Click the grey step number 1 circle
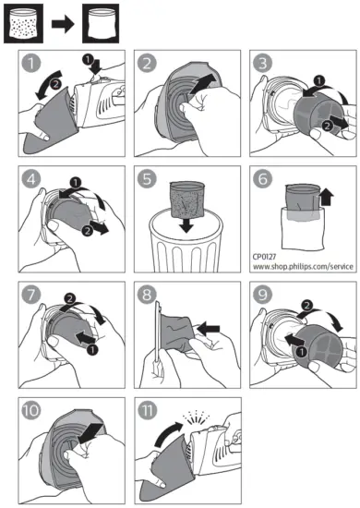[x=31, y=63]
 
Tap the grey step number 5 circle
[x=147, y=178]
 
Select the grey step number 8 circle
[x=147, y=294]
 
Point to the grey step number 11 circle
[x=148, y=410]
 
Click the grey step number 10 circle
[x=31, y=410]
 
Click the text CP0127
[x=264, y=257]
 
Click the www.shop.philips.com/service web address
[x=303, y=267]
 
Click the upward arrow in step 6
[x=327, y=198]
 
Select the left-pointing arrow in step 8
[x=209, y=330]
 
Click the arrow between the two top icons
[x=63, y=24]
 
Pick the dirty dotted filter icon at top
[x=23, y=23]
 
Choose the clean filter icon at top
[x=101, y=23]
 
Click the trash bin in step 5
[x=186, y=241]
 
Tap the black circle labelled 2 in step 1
[x=55, y=85]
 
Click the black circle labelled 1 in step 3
[x=319, y=80]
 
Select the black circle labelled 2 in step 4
[x=88, y=231]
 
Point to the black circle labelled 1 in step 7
[x=92, y=349]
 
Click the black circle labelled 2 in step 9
[x=306, y=305]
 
